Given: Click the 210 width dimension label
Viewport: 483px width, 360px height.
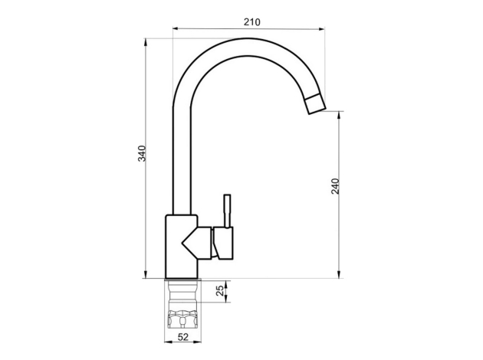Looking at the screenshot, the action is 252,22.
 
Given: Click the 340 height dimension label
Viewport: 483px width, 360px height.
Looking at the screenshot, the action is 142,153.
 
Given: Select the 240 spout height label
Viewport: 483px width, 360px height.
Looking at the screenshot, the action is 335,186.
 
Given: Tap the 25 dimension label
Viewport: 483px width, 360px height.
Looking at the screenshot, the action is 220,291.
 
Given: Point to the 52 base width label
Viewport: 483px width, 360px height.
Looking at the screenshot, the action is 183,337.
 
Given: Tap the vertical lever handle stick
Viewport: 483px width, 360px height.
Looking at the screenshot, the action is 228,211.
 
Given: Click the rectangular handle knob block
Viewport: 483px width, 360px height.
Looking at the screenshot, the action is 224,243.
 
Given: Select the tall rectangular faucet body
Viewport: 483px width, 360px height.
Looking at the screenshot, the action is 182,247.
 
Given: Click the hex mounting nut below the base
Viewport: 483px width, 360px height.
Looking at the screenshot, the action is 183,319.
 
